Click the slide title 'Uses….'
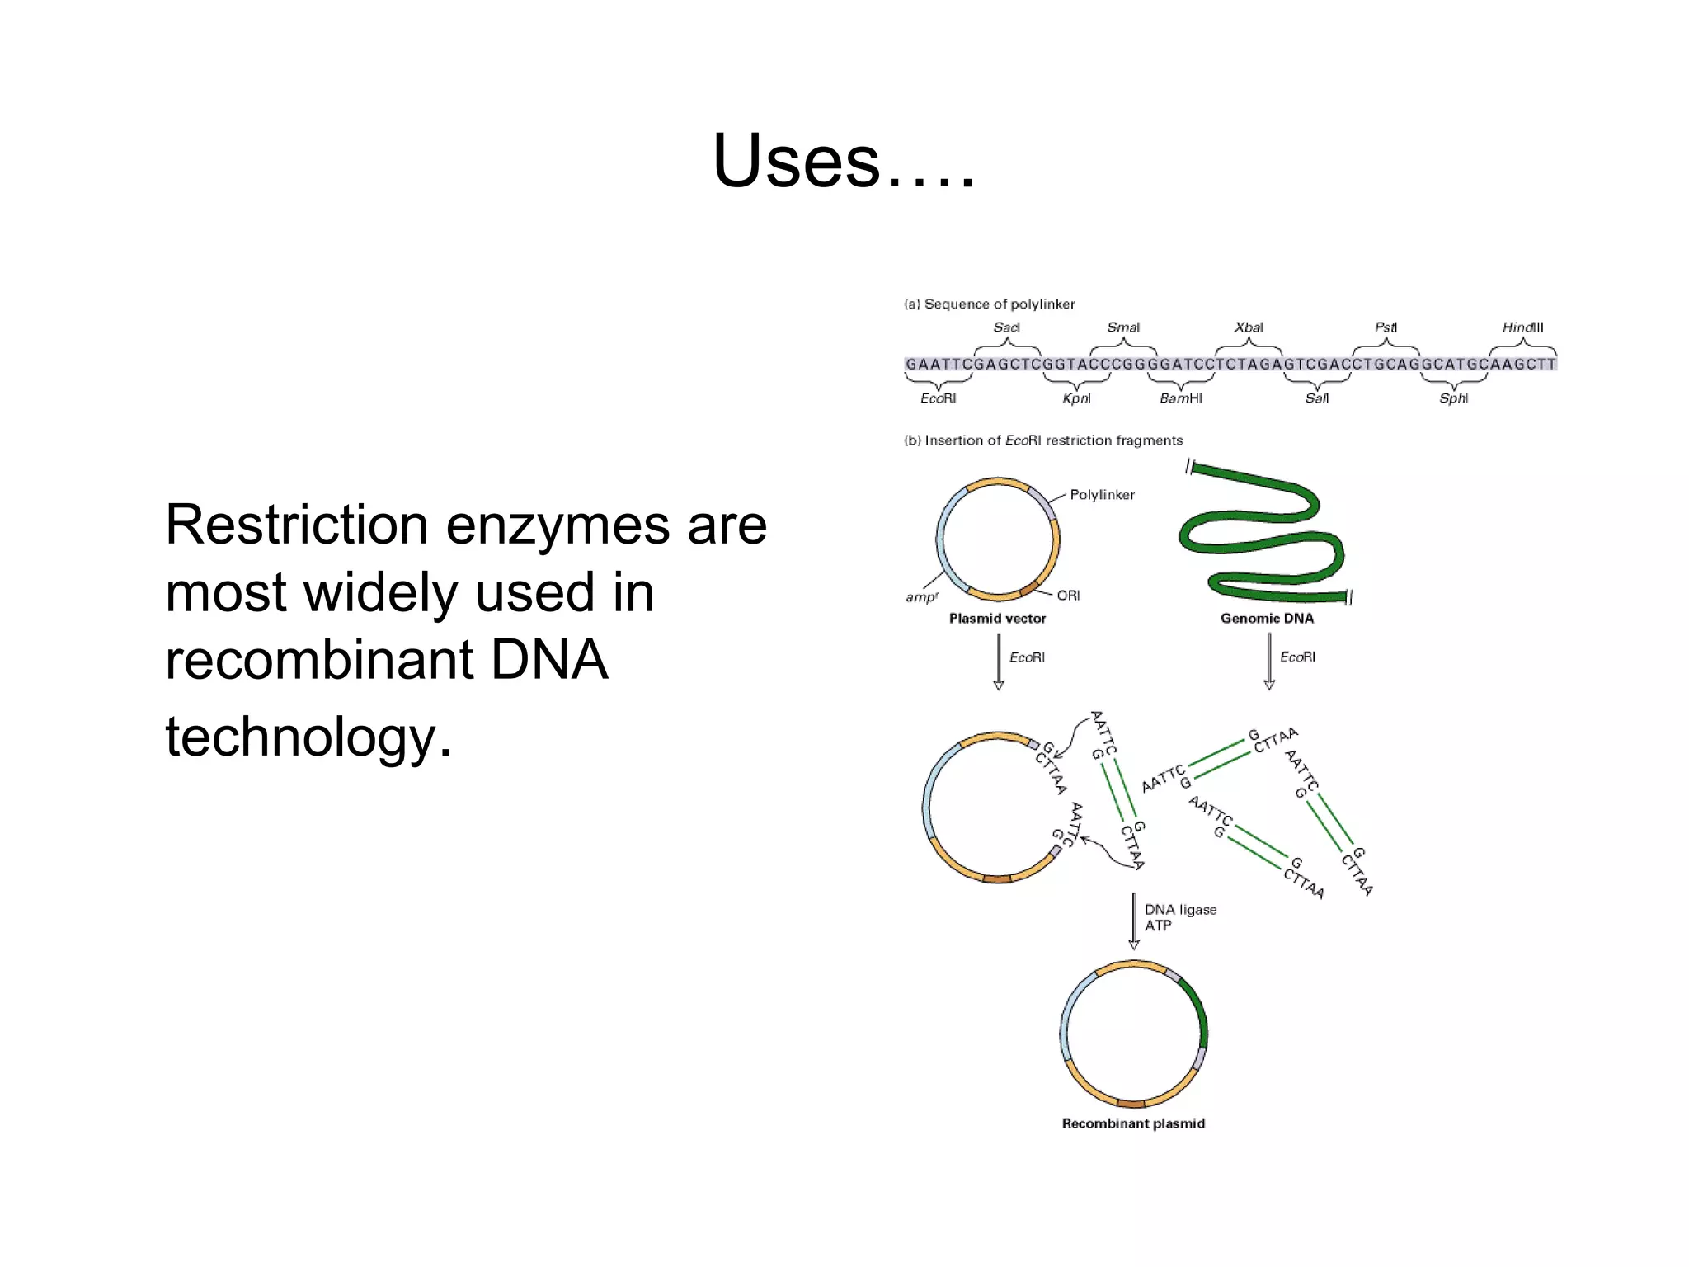843,161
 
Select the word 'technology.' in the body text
308,737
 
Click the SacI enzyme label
1006,327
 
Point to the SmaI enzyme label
1123,327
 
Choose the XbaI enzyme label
1249,327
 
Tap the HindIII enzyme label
1522,327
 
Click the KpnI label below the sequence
1076,398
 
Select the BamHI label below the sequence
1181,398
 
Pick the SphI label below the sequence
1453,398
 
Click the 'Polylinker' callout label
1102,495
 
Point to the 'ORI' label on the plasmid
1068,596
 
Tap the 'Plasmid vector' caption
997,619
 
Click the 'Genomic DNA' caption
1267,619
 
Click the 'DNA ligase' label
1180,910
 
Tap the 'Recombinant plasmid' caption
1133,1123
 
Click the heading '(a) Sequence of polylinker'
990,304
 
